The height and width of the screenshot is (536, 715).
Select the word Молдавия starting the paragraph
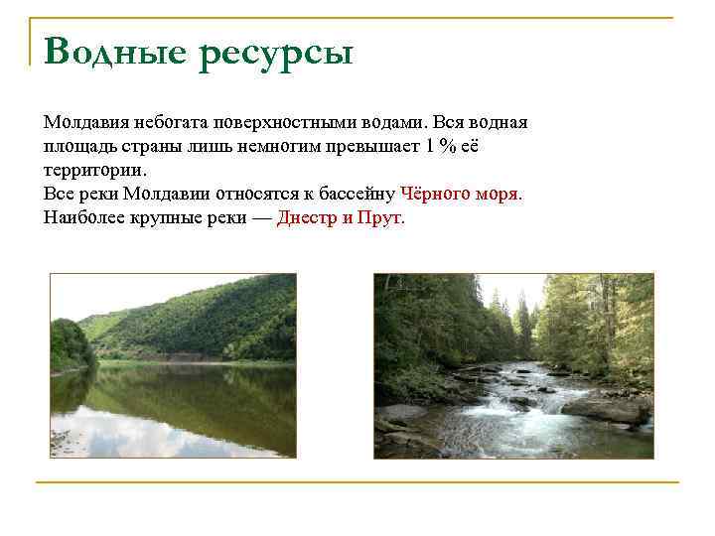pos(86,122)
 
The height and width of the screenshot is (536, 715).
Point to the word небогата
pos(172,122)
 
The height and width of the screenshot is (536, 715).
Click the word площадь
pos(78,146)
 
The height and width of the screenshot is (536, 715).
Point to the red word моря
pos(500,194)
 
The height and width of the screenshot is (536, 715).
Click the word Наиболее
pos(82,217)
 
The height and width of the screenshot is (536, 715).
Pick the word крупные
pos(166,217)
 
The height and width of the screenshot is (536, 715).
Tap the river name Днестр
pos(307,217)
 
